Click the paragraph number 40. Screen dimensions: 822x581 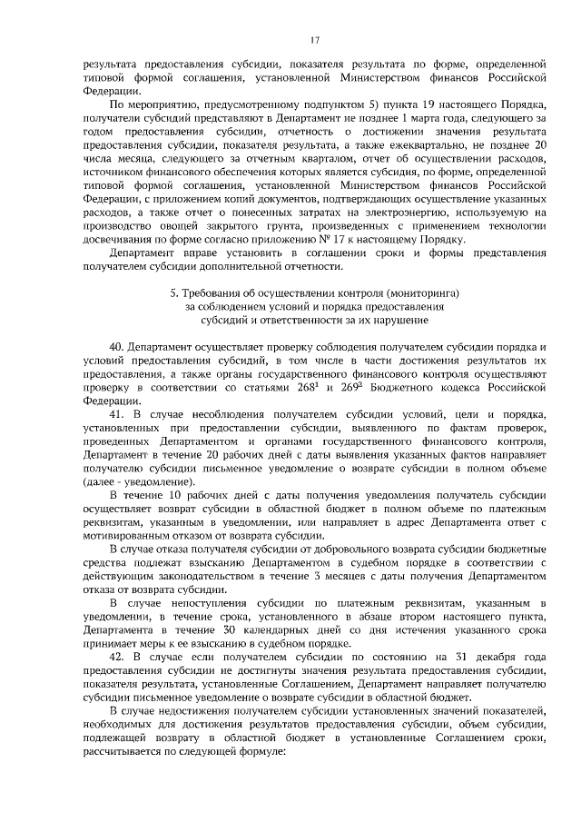[x=116, y=348]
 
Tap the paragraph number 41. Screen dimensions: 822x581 [x=116, y=414]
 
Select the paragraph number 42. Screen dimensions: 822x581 [x=116, y=656]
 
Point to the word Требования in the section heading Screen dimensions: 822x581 [x=210, y=294]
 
